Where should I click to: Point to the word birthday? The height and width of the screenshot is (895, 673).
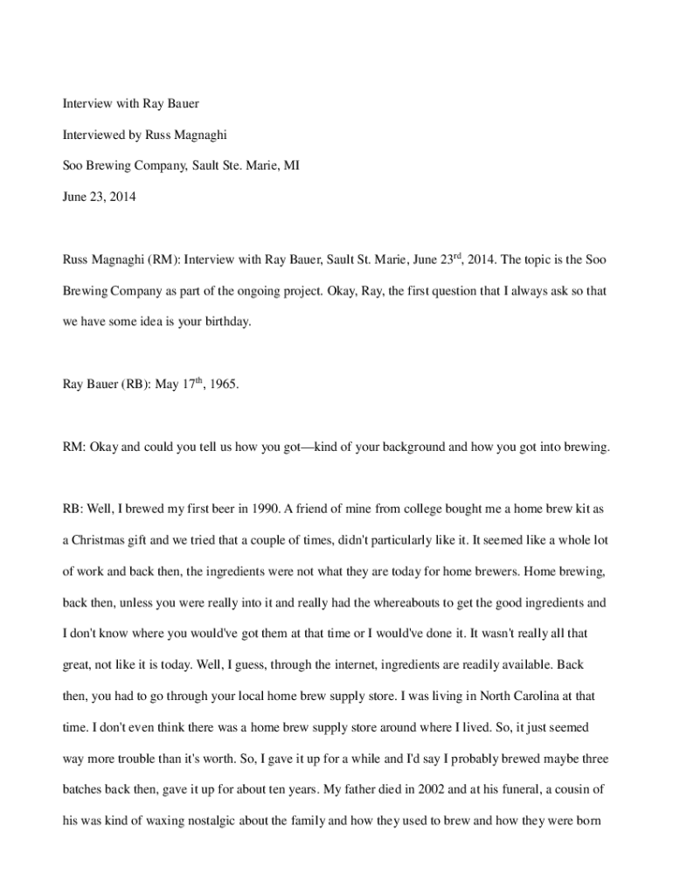(225, 322)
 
